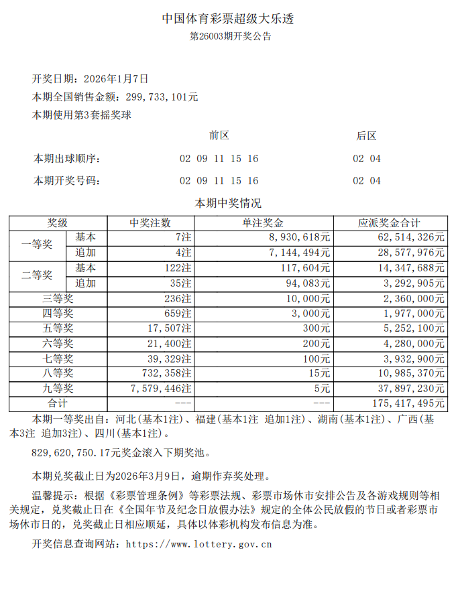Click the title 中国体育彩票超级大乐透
coord(228,19)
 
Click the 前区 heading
coord(219,135)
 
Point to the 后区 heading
coord(366,135)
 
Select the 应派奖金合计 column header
coord(390,223)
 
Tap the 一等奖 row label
coord(38,245)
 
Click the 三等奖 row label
coord(58,298)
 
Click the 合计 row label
coord(58,403)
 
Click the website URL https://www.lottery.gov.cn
coord(198,544)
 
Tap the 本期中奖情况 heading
coord(227,203)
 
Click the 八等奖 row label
coord(58,373)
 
